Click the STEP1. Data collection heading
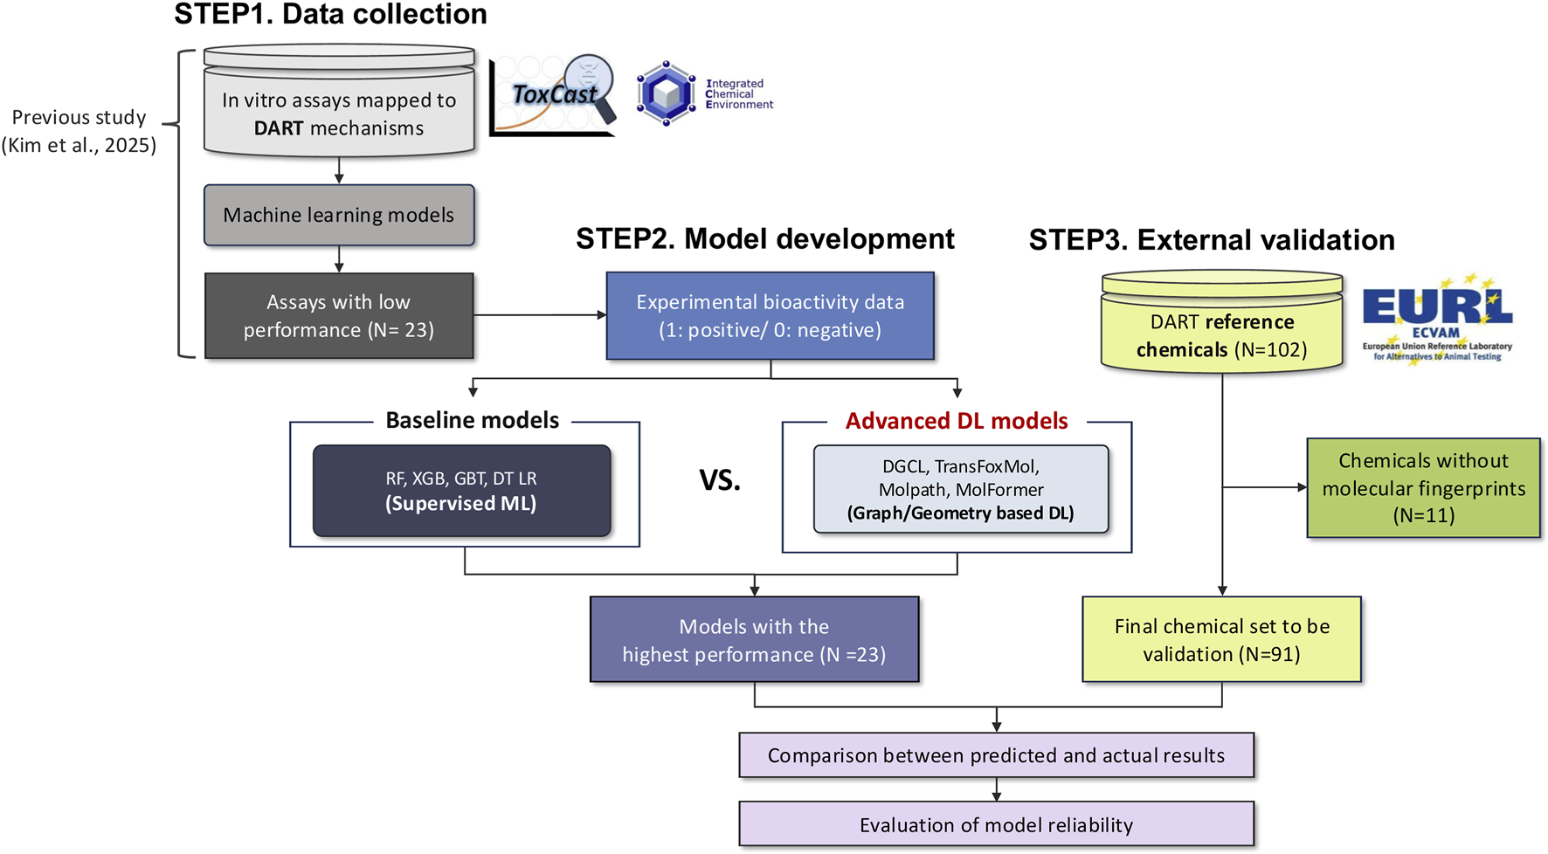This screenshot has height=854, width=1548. (x=330, y=14)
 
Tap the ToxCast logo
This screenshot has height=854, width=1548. (x=553, y=94)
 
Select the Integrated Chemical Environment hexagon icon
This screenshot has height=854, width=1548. (x=666, y=93)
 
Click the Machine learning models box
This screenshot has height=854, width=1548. (x=339, y=215)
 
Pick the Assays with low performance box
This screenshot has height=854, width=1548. (x=339, y=315)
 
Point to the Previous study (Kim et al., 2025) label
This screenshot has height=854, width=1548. (x=79, y=131)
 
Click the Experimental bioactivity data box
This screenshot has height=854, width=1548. (x=770, y=315)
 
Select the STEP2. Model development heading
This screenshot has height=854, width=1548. (x=764, y=238)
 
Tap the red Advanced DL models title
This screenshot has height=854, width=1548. (x=957, y=421)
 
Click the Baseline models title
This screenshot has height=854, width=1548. (x=472, y=420)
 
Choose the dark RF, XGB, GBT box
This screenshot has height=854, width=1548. (x=461, y=491)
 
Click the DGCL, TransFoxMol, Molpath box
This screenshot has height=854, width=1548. (x=961, y=490)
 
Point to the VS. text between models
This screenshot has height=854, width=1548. (x=719, y=480)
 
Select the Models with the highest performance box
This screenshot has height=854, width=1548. (x=754, y=639)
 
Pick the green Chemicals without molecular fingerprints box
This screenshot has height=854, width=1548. (x=1423, y=487)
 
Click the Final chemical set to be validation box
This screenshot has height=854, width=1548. (x=1221, y=639)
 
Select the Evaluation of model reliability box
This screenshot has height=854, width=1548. (x=996, y=824)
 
